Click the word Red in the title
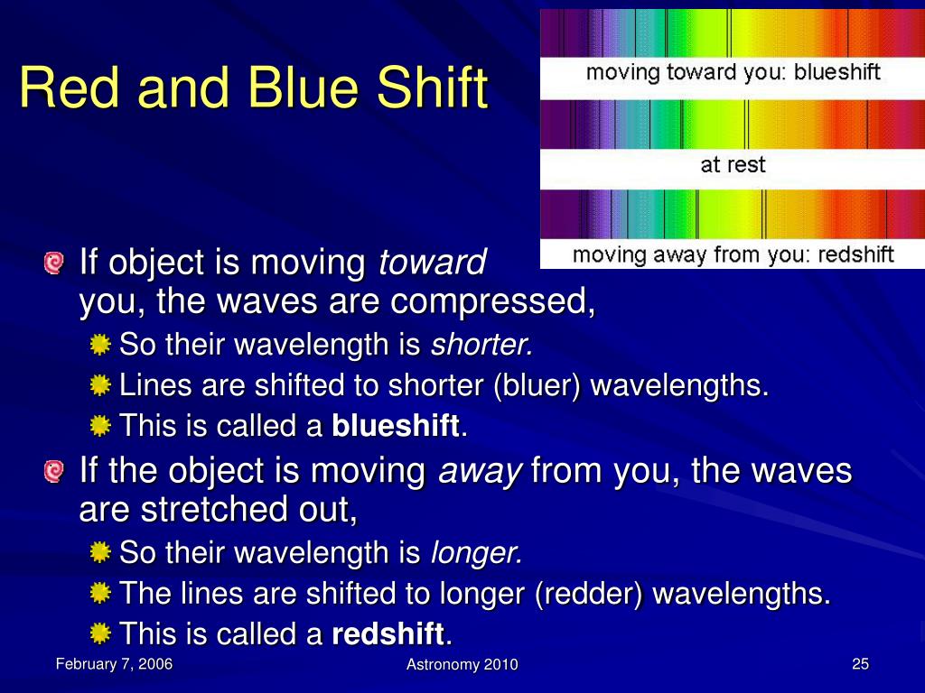[70, 87]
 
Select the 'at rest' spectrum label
[733, 164]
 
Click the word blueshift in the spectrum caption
[837, 72]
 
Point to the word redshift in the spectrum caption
[856, 254]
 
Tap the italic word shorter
[482, 344]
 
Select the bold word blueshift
[396, 426]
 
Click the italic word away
[481, 471]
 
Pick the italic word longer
[477, 553]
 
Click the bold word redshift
[388, 634]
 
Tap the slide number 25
[860, 664]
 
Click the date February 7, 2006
[114, 664]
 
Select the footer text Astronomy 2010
[462, 665]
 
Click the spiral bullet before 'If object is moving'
[53, 263]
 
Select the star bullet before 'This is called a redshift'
[101, 633]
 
